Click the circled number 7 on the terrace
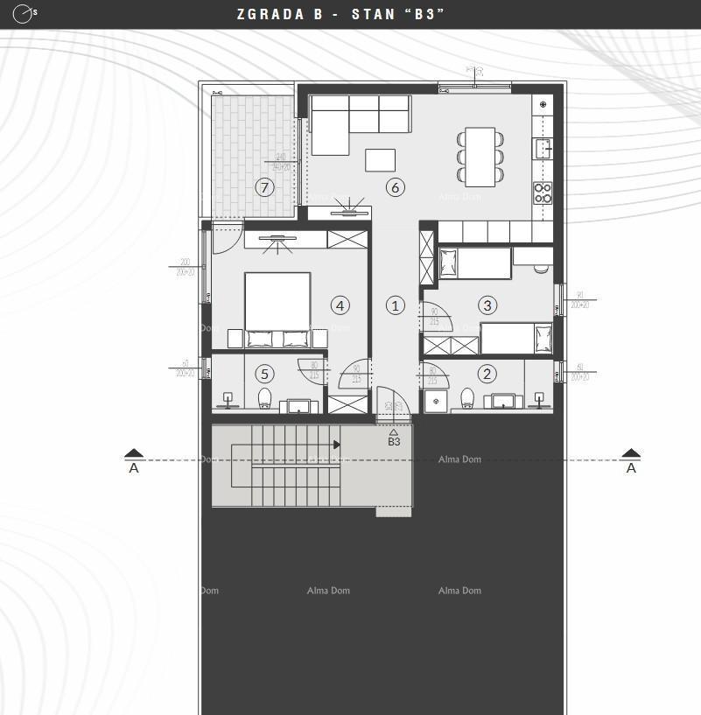(x=264, y=186)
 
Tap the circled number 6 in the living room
(x=395, y=186)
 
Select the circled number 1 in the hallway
(x=395, y=305)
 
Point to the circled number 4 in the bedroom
(x=340, y=305)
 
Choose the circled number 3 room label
(x=487, y=305)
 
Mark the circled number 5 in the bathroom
(x=264, y=374)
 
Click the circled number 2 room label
(x=487, y=374)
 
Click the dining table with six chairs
(x=480, y=157)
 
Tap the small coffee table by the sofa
(x=380, y=160)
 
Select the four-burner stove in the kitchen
(x=543, y=193)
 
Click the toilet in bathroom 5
(x=265, y=399)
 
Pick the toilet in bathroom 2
(x=467, y=399)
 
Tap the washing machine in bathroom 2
(x=436, y=402)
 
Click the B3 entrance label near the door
(x=394, y=442)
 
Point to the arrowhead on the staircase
(x=337, y=445)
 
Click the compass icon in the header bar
(x=24, y=14)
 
